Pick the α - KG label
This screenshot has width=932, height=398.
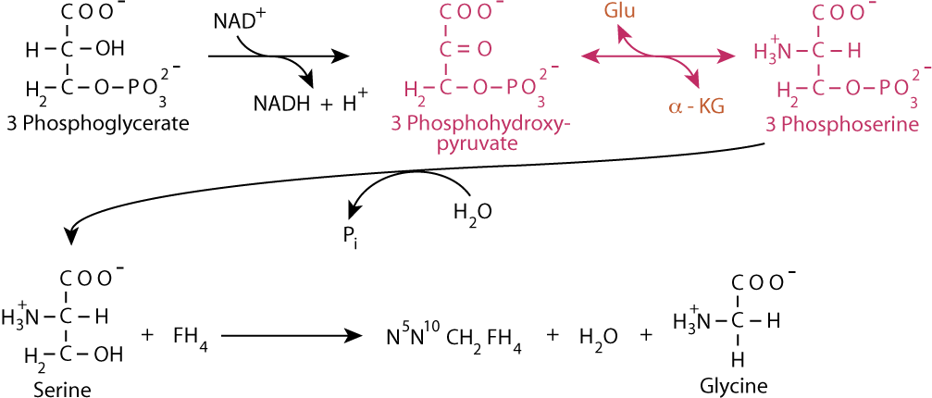coord(696,107)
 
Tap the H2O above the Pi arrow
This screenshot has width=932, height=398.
coord(473,214)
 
